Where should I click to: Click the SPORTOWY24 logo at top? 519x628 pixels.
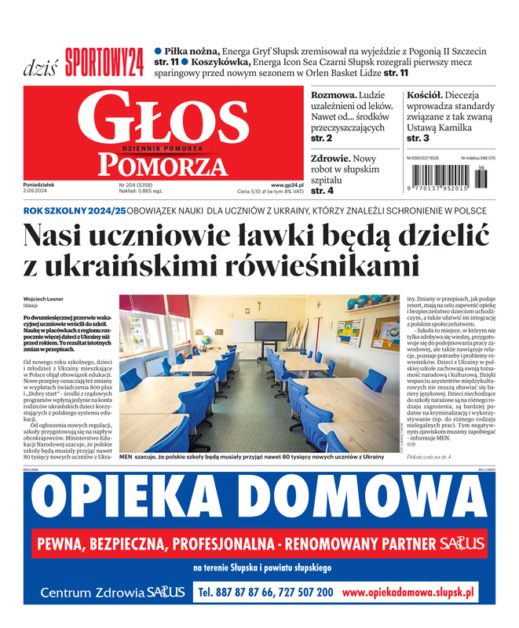click(104, 61)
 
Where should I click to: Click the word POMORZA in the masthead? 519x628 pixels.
click(162, 163)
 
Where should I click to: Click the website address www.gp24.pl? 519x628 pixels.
click(287, 184)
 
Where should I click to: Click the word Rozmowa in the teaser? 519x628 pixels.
click(334, 95)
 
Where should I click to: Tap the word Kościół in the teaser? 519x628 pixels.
click(426, 95)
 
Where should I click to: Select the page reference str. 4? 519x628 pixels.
click(322, 190)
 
